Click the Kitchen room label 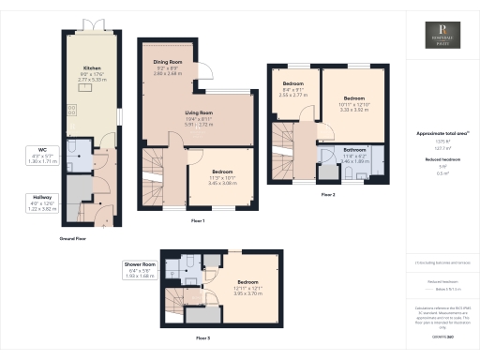(93, 68)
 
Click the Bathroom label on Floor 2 (354, 149)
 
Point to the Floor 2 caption (327, 195)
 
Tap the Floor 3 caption (202, 336)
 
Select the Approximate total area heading (441, 134)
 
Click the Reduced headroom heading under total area (441, 159)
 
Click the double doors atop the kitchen (93, 24)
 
